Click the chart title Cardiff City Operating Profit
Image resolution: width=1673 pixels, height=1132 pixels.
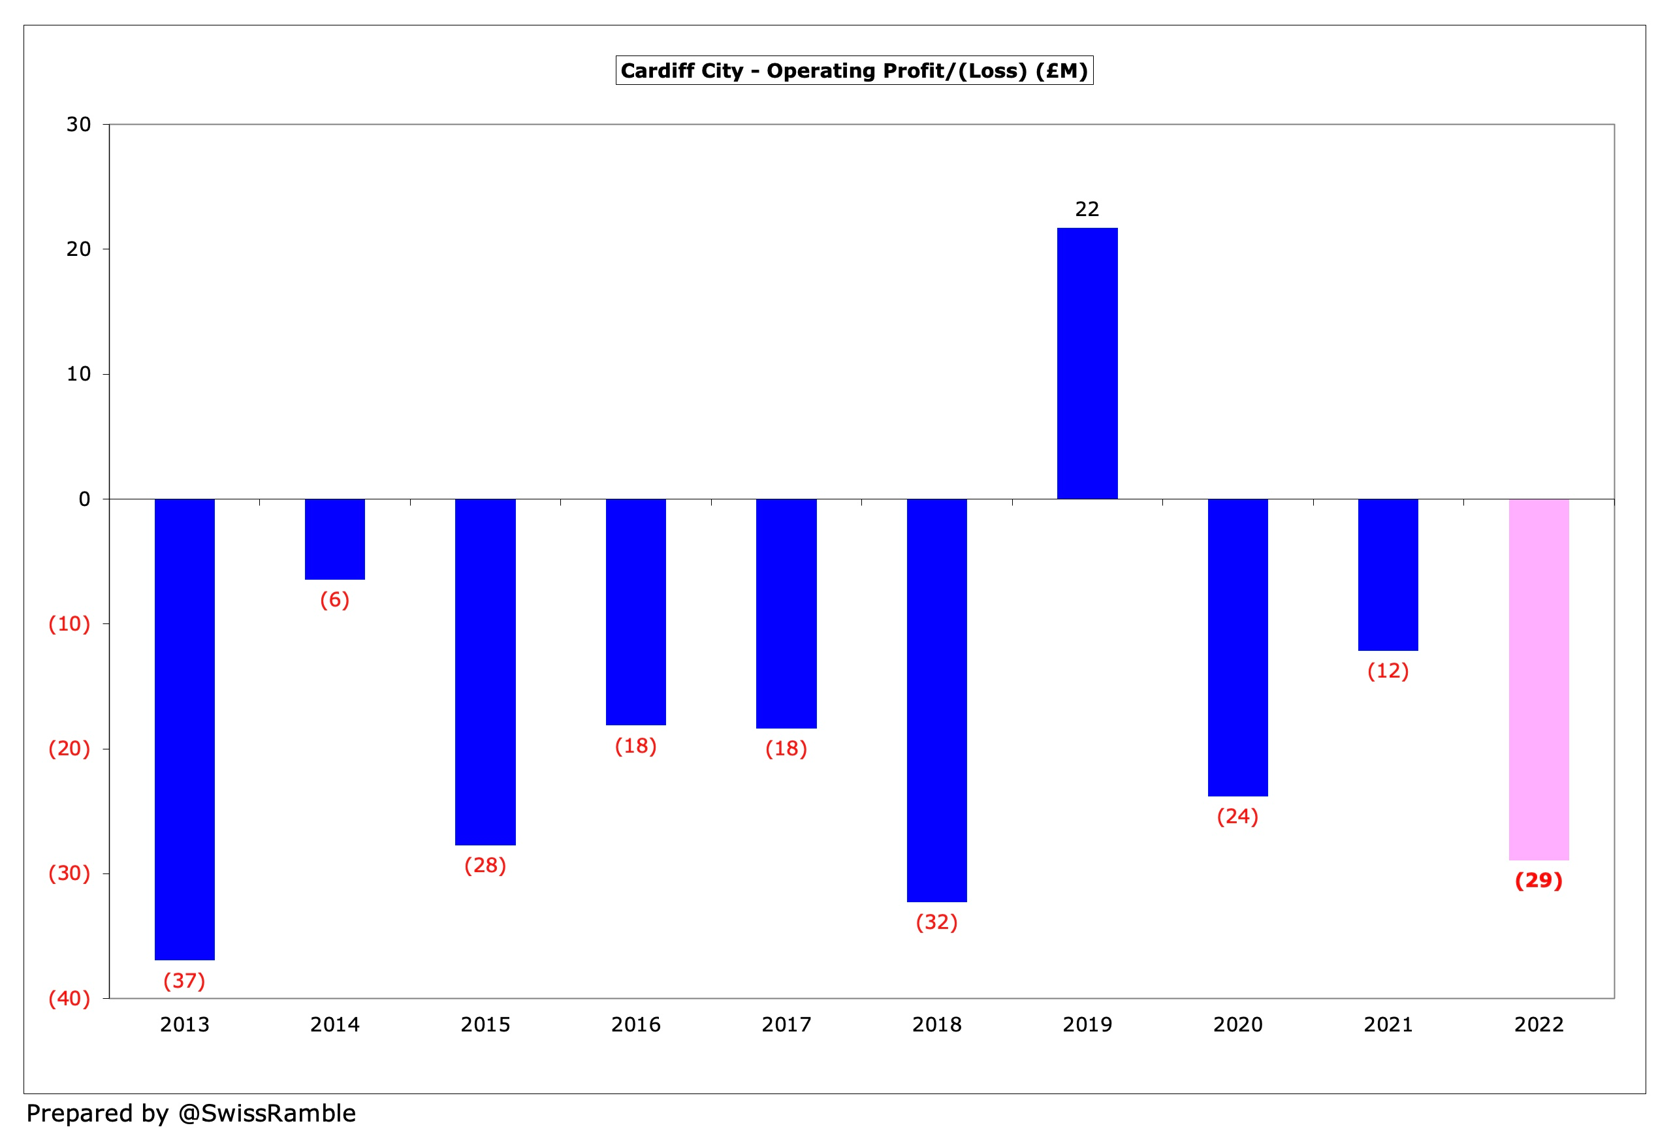pyautogui.click(x=853, y=71)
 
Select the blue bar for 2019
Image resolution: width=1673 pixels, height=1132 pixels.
pyautogui.click(x=1087, y=364)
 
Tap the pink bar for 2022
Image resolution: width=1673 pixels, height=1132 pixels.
pyautogui.click(x=1538, y=679)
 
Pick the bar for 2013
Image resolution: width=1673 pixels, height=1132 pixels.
pyautogui.click(x=184, y=729)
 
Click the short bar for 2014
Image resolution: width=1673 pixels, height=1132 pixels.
pyautogui.click(x=335, y=539)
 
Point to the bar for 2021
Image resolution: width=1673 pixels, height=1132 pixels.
pyautogui.click(x=1388, y=574)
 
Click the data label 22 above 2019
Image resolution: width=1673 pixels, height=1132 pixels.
pyautogui.click(x=1087, y=210)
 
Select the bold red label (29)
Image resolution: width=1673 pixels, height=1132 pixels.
pyautogui.click(x=1538, y=880)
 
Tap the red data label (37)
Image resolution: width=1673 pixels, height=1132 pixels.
pyautogui.click(x=184, y=981)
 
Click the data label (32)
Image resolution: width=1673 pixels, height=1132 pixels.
pyautogui.click(x=936, y=922)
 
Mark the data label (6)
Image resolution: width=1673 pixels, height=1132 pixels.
pyautogui.click(x=335, y=599)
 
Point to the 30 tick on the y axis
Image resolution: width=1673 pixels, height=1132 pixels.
pyautogui.click(x=78, y=125)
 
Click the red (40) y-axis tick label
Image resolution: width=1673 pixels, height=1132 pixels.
pyautogui.click(x=69, y=998)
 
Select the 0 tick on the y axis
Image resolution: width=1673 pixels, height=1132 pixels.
pyautogui.click(x=84, y=499)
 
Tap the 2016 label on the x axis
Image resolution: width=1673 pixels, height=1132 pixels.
pyautogui.click(x=635, y=1024)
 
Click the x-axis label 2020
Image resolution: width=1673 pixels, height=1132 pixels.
pyautogui.click(x=1237, y=1024)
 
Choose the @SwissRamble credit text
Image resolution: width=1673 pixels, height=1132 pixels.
pyautogui.click(x=191, y=1113)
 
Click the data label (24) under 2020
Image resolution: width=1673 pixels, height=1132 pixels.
pyautogui.click(x=1237, y=816)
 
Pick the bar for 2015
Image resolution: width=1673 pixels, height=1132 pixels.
pyautogui.click(x=485, y=671)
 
